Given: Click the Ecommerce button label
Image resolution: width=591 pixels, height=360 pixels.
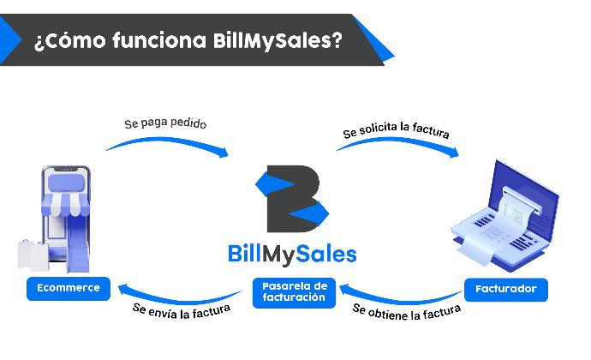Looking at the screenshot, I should coord(69,288).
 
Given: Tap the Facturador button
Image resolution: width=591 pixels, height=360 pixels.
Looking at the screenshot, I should coord(506,289).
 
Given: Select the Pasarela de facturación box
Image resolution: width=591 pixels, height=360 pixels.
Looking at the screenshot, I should coord(294,291).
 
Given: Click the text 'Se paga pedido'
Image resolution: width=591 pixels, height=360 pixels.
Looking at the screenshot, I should coord(165,123).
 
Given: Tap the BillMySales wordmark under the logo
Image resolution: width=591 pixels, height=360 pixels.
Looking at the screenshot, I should coord(293,253).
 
